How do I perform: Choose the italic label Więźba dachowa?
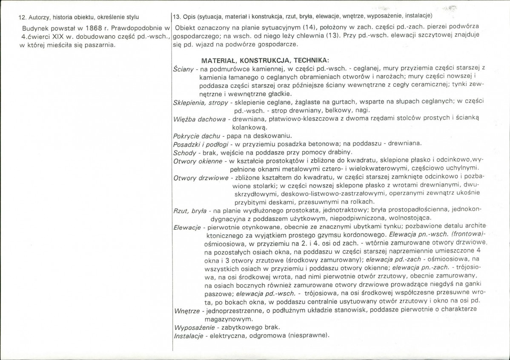(200, 119)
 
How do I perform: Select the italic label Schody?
(184, 152)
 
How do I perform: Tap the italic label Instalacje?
(187, 336)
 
